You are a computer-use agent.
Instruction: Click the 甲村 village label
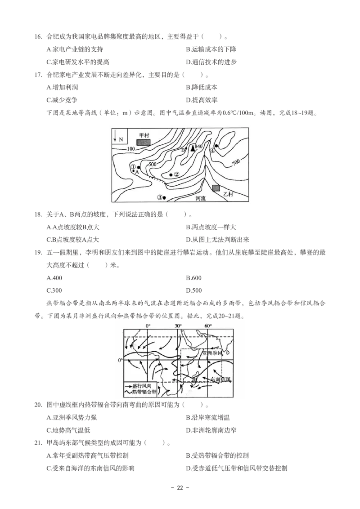[x=144, y=134]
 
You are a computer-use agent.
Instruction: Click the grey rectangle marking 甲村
[x=144, y=142]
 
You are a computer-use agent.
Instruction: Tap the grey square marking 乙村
[x=216, y=188]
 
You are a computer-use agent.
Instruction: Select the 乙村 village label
[x=229, y=194]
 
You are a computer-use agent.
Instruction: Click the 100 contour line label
[x=131, y=149]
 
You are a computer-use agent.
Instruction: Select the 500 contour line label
[x=152, y=164]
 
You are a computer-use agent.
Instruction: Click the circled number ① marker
[x=133, y=167]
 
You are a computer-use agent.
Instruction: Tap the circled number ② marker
[x=176, y=174]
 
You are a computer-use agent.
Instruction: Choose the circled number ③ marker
[x=159, y=197]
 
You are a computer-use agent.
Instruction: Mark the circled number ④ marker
[x=212, y=151]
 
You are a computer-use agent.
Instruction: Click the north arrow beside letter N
[x=115, y=135]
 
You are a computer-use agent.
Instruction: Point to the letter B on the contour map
[x=183, y=149]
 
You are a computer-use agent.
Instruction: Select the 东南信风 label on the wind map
[x=221, y=380]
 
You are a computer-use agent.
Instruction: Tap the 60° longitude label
[x=208, y=326]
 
